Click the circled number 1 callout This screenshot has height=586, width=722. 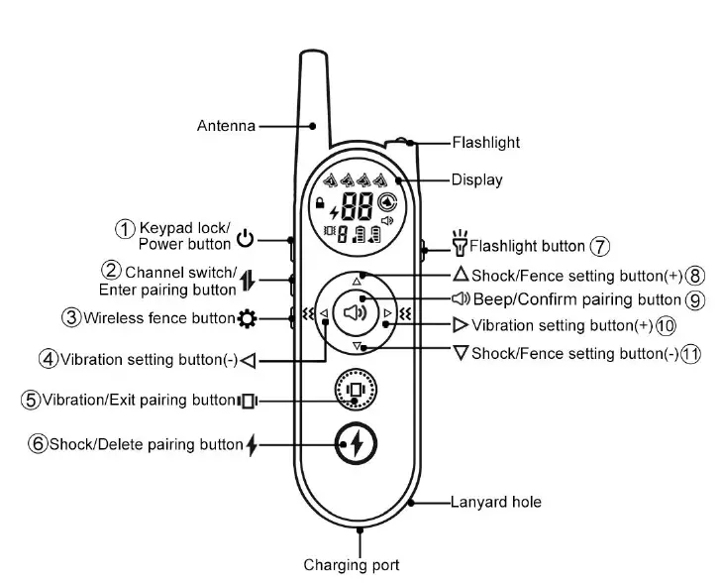(x=125, y=228)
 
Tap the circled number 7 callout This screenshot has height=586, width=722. (x=599, y=246)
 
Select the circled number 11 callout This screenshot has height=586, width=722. (x=690, y=353)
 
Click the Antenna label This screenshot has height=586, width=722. (x=226, y=126)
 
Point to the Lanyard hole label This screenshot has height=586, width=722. (x=496, y=502)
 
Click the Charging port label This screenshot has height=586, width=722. (x=352, y=565)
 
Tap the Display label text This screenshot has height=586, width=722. (x=476, y=179)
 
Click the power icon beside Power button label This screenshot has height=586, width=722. (x=246, y=239)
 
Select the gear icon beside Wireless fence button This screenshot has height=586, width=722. (x=246, y=318)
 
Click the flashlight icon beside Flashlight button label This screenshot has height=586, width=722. (x=459, y=241)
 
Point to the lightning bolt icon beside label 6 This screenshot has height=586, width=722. (x=252, y=445)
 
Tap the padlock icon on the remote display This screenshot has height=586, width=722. (x=319, y=203)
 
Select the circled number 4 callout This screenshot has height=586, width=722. (x=48, y=358)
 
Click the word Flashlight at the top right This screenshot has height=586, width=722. (x=485, y=142)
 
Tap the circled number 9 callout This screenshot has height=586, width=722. (x=695, y=299)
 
